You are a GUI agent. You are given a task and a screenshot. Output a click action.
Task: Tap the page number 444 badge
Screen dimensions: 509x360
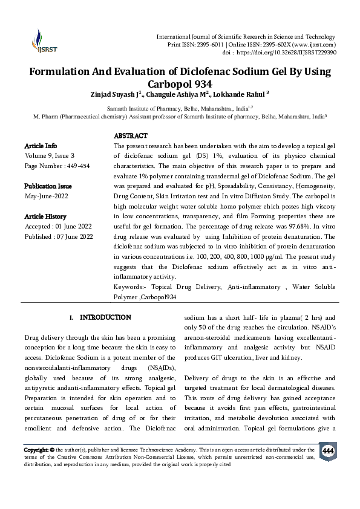pos(327,452)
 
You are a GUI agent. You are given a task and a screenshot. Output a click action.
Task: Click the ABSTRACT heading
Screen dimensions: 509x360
pos(131,136)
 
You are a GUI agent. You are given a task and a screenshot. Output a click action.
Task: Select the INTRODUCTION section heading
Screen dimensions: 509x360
pos(105,317)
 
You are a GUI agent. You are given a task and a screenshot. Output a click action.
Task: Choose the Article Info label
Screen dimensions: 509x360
pos(41,146)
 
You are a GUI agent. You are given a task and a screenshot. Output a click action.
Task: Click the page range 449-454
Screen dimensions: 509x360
pos(74,166)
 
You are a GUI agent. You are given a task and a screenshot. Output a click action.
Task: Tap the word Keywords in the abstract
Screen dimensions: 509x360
pos(128,287)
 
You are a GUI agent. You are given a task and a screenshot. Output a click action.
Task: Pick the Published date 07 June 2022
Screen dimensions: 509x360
pos(76,237)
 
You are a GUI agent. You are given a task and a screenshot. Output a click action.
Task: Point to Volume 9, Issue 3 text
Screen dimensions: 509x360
pos(50,156)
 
